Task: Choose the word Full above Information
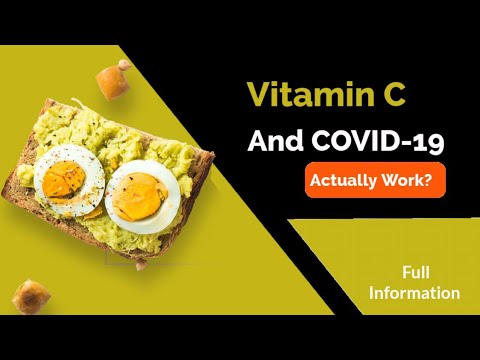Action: pyautogui.click(x=415, y=272)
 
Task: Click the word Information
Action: pyautogui.click(x=415, y=293)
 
